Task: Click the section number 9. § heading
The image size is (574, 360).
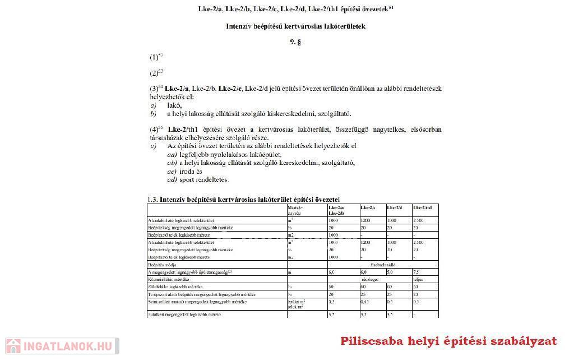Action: pyautogui.click(x=295, y=42)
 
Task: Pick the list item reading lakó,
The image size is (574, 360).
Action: pyautogui.click(x=174, y=105)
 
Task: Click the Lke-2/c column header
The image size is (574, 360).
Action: pyautogui.click(x=368, y=208)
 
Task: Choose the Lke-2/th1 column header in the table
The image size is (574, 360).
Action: pyautogui.click(x=422, y=208)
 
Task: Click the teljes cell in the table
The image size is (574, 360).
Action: pyautogui.click(x=418, y=279)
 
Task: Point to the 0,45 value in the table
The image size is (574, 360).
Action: pyautogui.click(x=366, y=302)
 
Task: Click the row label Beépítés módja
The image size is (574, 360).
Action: pyautogui.click(x=163, y=264)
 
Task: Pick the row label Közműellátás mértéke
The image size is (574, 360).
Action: pyautogui.click(x=168, y=279)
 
